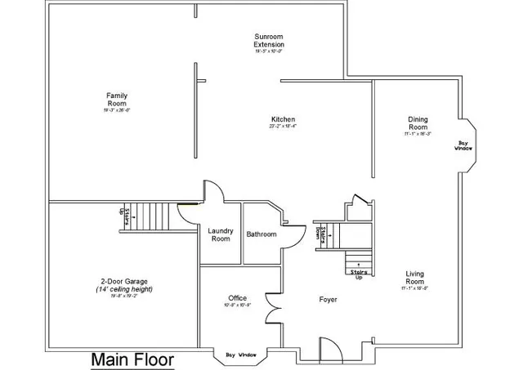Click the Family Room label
point(116,100)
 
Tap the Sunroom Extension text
point(269,41)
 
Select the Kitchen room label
point(282,119)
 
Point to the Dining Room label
point(418,123)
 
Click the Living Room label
point(415,278)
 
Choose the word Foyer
point(328,300)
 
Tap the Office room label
point(237,298)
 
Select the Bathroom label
point(261,234)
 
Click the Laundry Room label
point(221,234)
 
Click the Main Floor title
point(132,359)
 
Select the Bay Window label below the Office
point(240,354)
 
